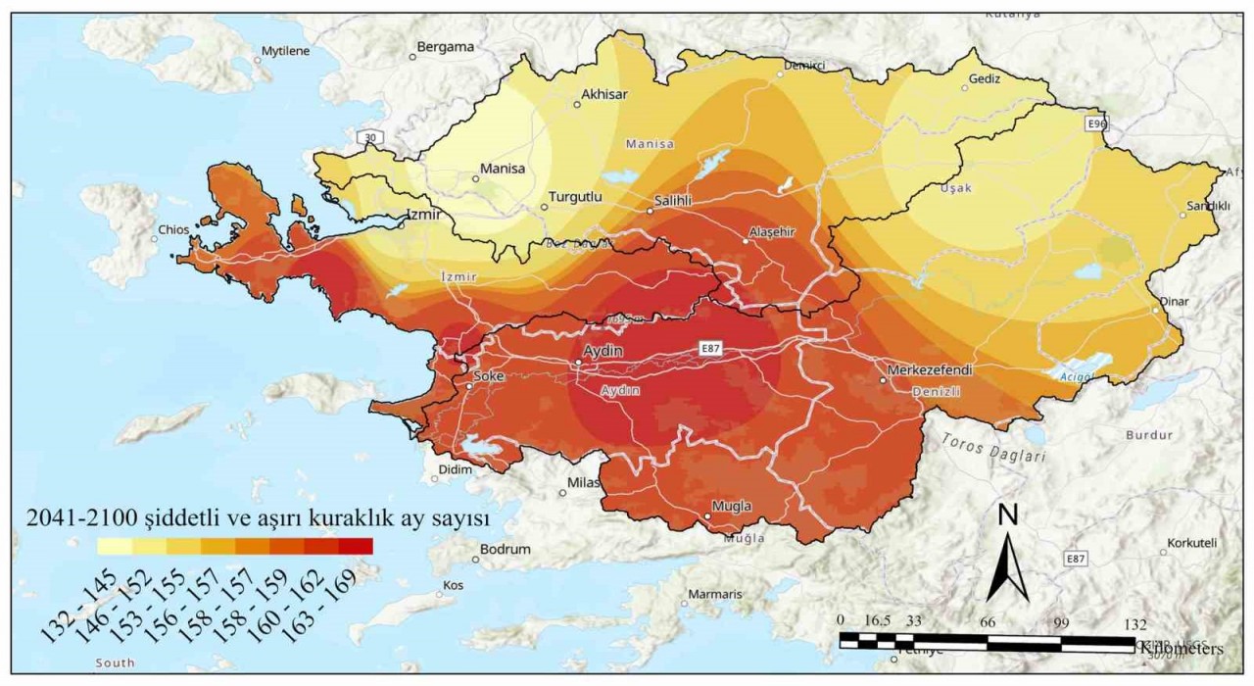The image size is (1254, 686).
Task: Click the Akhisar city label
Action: point(604,94)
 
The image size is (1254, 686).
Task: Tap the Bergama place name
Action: point(445,46)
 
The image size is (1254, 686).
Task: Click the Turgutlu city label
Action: point(575,196)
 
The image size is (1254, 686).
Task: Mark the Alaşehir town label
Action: point(772,231)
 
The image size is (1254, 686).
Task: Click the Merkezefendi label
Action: point(929,370)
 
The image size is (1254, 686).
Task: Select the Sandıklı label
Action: point(1207,206)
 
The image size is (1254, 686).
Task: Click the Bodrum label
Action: point(506,549)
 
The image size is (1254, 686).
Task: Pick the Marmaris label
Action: point(714,594)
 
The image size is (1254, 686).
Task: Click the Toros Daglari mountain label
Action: point(994,448)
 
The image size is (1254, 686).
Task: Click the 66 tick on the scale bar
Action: point(988,621)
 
